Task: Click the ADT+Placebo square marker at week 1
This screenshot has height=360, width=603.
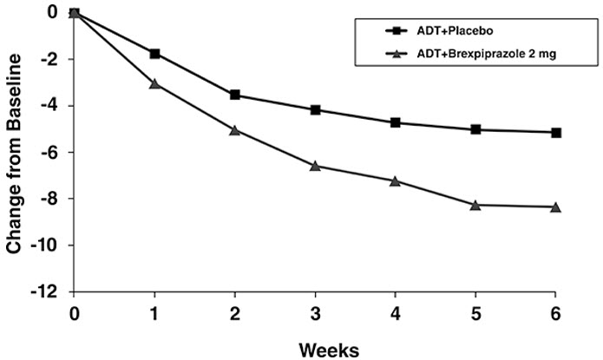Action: tap(155, 54)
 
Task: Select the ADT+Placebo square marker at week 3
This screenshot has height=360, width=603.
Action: tap(315, 110)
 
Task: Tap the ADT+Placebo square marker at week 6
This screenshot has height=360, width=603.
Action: tap(556, 133)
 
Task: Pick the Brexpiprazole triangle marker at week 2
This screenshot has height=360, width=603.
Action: tap(235, 130)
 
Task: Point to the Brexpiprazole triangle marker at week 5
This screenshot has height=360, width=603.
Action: tap(475, 205)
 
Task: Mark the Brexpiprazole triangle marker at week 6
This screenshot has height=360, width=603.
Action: tap(556, 206)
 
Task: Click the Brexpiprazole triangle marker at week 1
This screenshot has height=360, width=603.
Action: tap(155, 83)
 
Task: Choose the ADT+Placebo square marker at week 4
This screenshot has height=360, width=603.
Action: tap(396, 122)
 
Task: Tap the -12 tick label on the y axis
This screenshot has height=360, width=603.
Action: tap(46, 292)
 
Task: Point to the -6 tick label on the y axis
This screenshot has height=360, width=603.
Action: tap(49, 153)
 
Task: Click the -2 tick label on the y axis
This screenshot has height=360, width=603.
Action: tap(49, 59)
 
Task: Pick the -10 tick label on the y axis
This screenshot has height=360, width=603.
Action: tap(46, 245)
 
